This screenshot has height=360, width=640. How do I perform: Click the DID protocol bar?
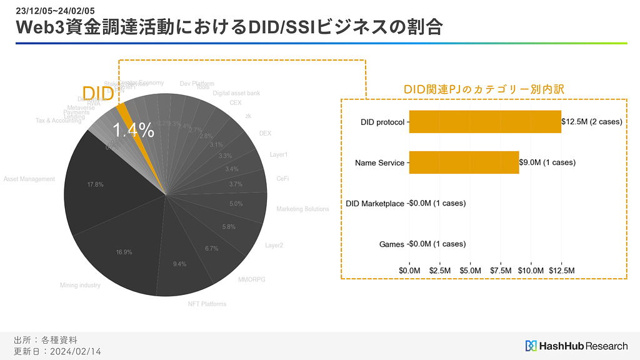485,121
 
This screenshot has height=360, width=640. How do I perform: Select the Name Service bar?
464,162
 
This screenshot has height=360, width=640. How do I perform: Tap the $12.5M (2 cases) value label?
591,121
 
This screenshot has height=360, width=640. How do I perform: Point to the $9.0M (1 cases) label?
547,162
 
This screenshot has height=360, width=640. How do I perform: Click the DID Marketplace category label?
375,204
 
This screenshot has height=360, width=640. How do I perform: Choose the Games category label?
392,244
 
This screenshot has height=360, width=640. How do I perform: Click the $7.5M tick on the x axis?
501,270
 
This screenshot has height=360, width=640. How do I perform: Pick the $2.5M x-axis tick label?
440,270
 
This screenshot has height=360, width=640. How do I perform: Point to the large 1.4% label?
133,130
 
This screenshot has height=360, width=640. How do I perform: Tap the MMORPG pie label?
251,279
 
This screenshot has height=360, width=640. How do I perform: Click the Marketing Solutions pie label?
302,209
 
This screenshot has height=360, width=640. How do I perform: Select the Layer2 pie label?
274,246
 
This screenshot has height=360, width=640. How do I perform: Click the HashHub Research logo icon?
531,346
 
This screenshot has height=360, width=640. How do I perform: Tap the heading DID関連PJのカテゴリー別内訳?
484,89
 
